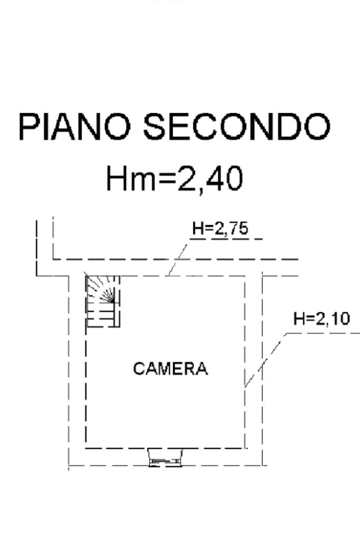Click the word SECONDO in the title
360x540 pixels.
(237, 127)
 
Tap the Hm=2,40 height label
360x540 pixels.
(174, 178)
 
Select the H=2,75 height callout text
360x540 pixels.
(220, 228)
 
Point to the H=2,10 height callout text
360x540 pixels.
(321, 319)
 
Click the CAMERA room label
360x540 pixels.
(170, 369)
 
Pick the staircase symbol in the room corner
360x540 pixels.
(103, 301)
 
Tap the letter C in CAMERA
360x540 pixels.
(139, 369)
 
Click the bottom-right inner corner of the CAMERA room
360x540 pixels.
(245, 448)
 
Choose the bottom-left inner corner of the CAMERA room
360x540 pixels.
(86, 448)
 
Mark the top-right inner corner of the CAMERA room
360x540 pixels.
(245, 276)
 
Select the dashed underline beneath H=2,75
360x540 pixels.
(227, 239)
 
